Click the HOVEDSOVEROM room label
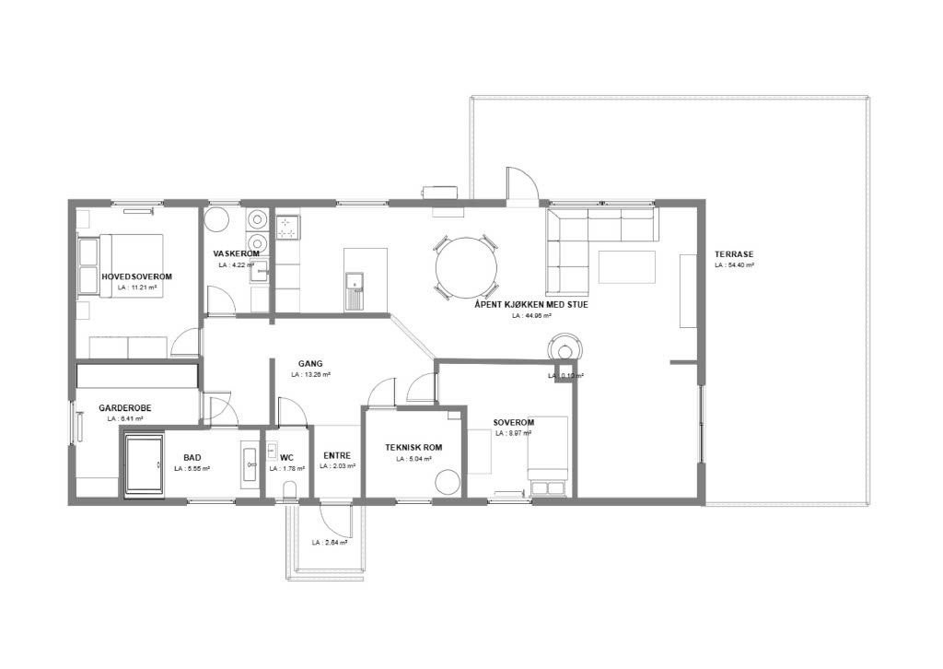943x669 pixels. pos(136,276)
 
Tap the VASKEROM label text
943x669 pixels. pos(236,253)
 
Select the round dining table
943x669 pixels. pos(468,267)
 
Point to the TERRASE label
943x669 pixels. pos(734,254)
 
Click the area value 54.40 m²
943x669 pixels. pos(734,265)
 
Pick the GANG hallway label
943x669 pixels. pos(310,363)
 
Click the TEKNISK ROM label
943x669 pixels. pos(413,448)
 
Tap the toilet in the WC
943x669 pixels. pos(290,488)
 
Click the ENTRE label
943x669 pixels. pos(337,455)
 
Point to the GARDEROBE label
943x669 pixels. pos(125,407)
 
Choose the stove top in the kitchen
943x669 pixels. pos(288,227)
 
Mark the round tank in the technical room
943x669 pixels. pos(448,485)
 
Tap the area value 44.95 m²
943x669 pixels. pos(531,315)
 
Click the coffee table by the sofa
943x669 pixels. pos(626,267)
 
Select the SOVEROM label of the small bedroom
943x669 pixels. pos(514,422)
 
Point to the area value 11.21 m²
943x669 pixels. pos(137,288)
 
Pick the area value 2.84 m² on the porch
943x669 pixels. pos(329,543)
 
